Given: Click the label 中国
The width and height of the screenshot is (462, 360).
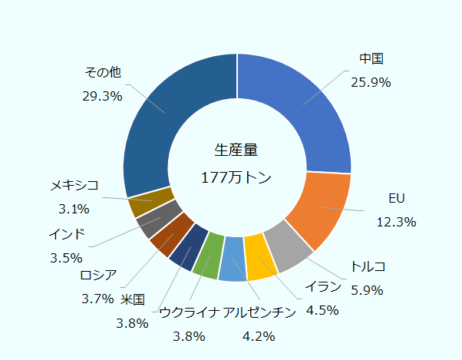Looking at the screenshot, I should pos(371,59).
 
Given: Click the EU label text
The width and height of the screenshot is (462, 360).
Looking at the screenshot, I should pos(396,199).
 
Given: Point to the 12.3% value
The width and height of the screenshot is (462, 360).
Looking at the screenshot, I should pos(396,222).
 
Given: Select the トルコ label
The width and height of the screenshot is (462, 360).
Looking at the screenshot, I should pos(368,266).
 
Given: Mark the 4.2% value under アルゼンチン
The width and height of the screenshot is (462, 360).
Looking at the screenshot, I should pos(258,335).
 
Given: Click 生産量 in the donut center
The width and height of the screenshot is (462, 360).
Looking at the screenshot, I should pos(236,150).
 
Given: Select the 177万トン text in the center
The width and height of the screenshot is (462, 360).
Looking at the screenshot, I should pos(236,177).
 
